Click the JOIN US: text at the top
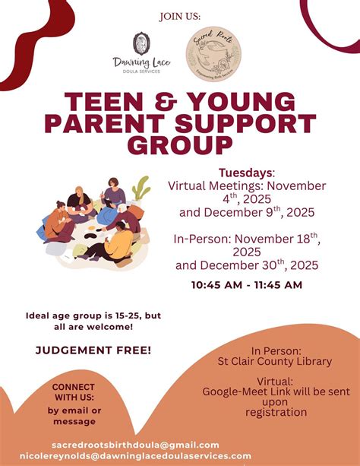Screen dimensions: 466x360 click(x=179, y=15)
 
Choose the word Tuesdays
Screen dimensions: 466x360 click(x=245, y=173)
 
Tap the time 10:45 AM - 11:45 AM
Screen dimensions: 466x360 click(x=247, y=285)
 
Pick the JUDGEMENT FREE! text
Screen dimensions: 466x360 click(x=93, y=350)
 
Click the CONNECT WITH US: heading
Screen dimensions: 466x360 click(x=74, y=392)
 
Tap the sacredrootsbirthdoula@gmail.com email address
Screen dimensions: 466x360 click(x=135, y=445)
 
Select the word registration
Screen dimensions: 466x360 click(x=276, y=413)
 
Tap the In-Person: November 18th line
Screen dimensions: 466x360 click(x=245, y=239)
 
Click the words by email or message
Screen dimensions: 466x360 click(x=74, y=416)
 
